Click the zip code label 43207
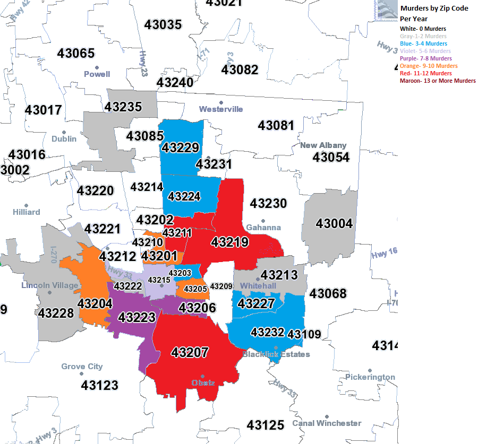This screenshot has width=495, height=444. coord(190,352)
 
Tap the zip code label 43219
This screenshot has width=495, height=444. coord(229,242)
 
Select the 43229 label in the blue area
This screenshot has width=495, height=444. coord(181,148)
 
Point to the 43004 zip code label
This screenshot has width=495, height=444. coord(334,224)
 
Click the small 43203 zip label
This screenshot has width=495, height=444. coord(180,273)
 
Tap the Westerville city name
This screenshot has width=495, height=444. coord(221,109)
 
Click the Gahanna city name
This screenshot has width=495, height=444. coord(263,227)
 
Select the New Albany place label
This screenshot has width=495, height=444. coord(323,145)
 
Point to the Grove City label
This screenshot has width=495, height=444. coord(82,367)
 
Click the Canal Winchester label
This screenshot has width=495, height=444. coord(327,423)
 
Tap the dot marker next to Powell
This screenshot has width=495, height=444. coord(97,67)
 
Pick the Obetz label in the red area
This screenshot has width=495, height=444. coord(203,382)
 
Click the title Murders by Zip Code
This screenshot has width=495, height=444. coord(434,8)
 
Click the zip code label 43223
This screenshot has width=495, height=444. coord(136,317)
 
